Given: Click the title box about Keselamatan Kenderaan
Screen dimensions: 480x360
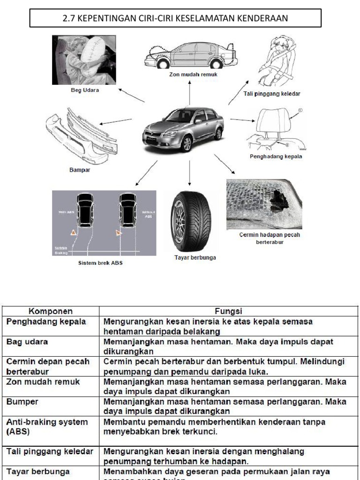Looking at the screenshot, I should (x=175, y=19).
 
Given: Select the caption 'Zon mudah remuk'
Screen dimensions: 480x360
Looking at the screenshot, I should (x=190, y=74).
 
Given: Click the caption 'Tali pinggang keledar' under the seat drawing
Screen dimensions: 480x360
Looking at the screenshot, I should (x=272, y=94).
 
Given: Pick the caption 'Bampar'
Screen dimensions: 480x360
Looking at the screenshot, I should (x=77, y=171).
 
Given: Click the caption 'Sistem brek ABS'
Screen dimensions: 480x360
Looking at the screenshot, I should (x=100, y=263).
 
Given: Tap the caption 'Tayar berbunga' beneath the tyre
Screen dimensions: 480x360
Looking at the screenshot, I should (x=190, y=258).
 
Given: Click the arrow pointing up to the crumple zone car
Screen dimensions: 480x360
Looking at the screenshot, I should (x=190, y=92).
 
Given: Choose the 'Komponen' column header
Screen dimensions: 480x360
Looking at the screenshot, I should (x=51, y=311).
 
